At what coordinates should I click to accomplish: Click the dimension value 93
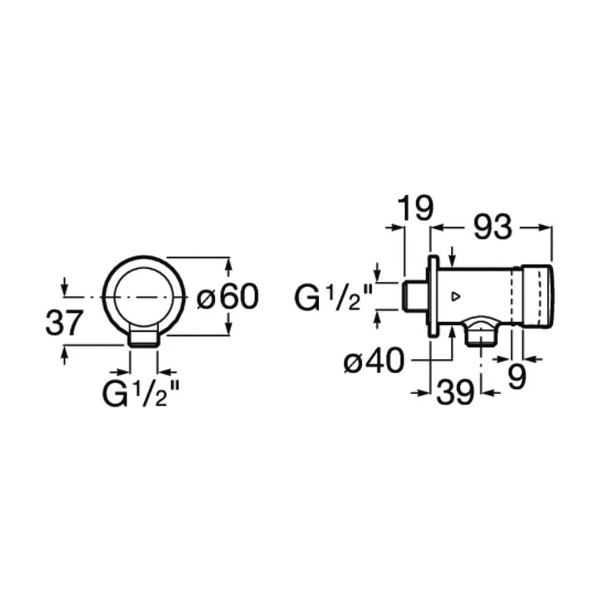click(x=493, y=227)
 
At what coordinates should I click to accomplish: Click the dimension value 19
click(x=415, y=208)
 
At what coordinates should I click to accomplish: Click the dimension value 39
click(x=456, y=392)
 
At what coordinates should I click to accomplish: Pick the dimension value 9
click(x=517, y=377)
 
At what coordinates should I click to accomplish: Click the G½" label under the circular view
click(x=141, y=394)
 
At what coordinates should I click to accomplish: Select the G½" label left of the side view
click(x=333, y=298)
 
